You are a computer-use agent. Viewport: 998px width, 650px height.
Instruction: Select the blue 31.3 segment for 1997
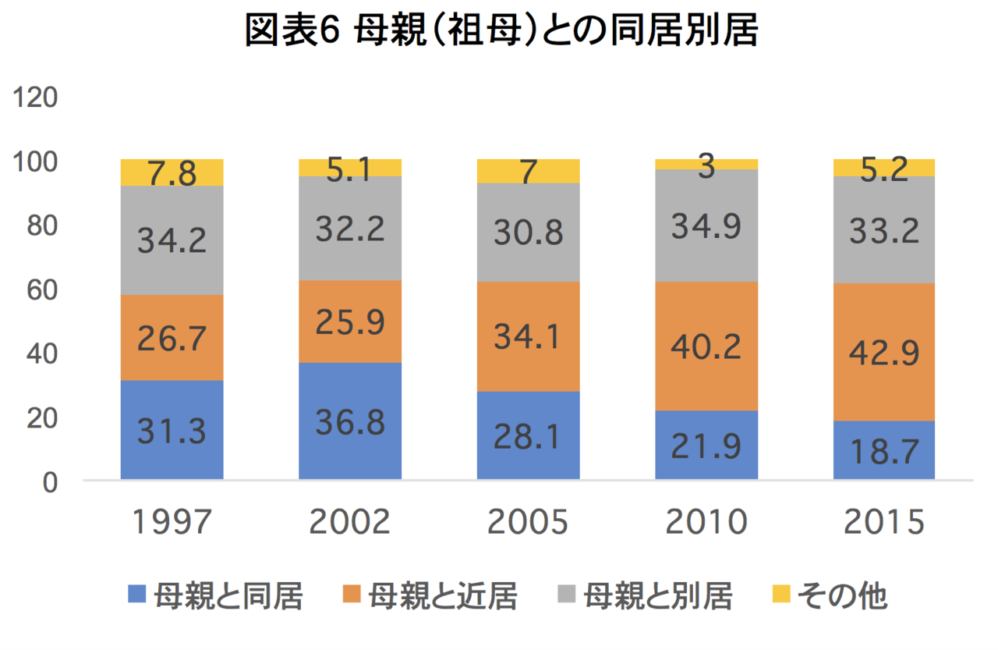coord(172,429)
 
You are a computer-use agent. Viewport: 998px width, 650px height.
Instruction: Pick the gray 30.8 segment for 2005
coord(528,233)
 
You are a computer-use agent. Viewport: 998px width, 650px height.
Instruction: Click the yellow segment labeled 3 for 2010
coord(706,164)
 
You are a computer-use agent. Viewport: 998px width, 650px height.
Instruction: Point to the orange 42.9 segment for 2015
coord(884,352)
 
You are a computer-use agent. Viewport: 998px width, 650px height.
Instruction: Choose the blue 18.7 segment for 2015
coord(884,449)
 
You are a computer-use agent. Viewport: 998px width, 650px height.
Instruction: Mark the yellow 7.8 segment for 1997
coord(172,172)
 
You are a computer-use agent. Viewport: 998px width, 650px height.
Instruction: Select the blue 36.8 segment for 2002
coord(350,421)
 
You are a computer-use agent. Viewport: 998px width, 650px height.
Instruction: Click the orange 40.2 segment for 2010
coord(706,346)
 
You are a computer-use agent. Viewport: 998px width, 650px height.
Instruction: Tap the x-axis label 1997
coord(172,522)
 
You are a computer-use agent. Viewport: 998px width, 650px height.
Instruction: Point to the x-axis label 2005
coord(528,522)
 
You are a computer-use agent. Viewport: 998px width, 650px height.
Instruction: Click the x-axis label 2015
coord(884,522)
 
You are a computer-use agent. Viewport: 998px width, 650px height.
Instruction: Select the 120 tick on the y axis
coord(32,98)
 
